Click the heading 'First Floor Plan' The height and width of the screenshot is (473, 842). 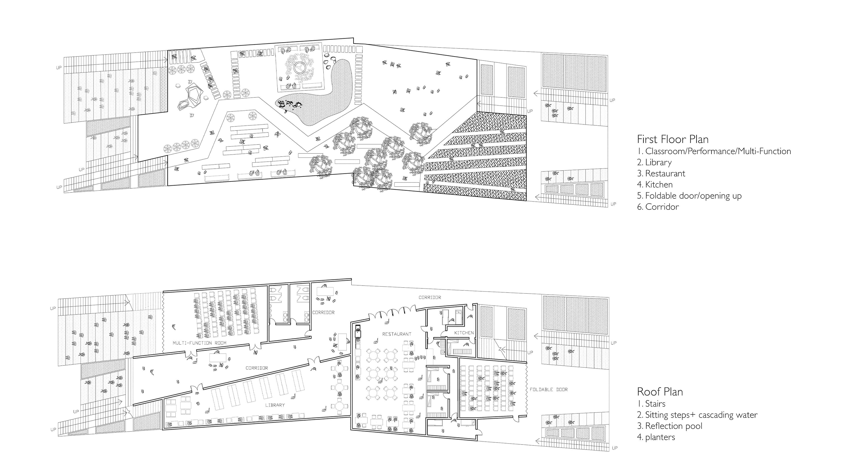tap(673, 139)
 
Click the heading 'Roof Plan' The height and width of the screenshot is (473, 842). tap(660, 392)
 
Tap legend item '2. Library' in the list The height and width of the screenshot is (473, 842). tap(654, 162)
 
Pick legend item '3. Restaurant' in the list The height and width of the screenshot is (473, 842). tap(661, 174)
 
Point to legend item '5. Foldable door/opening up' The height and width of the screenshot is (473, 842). tap(689, 196)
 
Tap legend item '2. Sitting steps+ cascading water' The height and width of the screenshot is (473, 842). tap(697, 415)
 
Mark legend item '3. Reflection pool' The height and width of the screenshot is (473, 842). tap(669, 426)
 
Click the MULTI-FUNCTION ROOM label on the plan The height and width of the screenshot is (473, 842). tap(199, 343)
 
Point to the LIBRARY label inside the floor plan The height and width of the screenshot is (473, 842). tap(275, 405)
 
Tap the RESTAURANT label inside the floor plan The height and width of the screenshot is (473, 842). tap(396, 334)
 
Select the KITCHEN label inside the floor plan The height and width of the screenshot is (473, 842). tap(464, 333)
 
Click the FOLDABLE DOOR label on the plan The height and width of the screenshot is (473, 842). tap(548, 389)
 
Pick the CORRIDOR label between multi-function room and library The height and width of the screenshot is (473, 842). tap(257, 368)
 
